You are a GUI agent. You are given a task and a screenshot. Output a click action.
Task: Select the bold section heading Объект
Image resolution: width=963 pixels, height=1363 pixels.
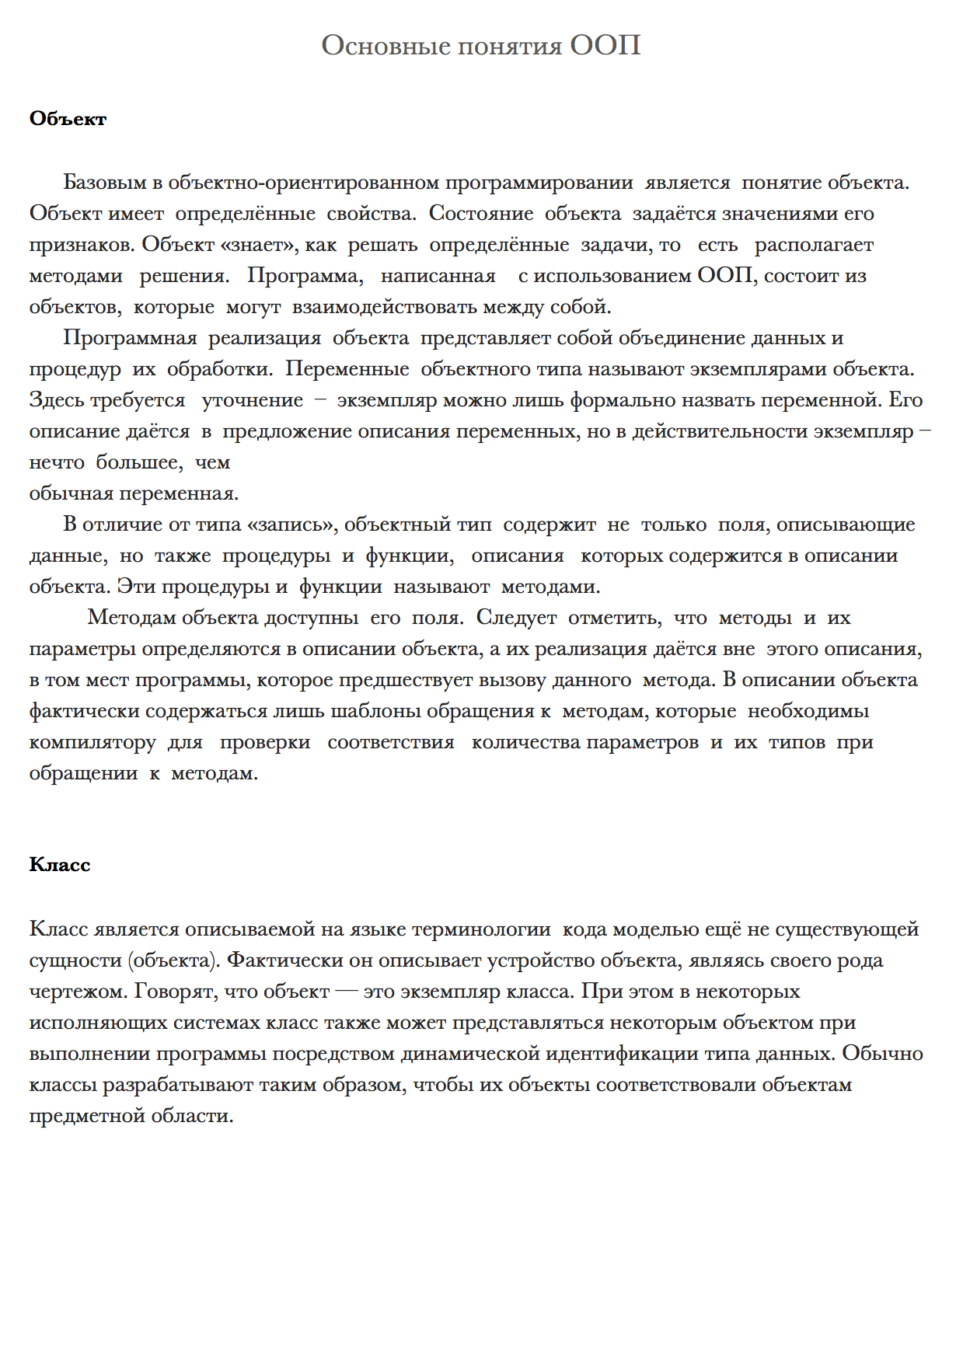coord(68,119)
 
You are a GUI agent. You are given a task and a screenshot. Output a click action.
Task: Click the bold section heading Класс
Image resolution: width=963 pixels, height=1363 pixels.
coord(60,865)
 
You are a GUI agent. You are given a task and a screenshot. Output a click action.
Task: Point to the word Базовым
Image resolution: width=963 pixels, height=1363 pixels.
coord(105,183)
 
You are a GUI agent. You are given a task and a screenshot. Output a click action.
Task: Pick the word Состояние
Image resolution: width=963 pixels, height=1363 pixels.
coord(480,214)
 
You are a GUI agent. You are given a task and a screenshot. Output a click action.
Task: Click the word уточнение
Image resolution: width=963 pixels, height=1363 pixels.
coord(252,400)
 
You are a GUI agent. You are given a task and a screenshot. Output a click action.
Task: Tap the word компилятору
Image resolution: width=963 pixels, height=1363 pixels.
coord(92,742)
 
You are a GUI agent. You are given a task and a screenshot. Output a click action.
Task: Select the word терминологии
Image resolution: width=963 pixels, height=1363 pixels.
coord(481,929)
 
